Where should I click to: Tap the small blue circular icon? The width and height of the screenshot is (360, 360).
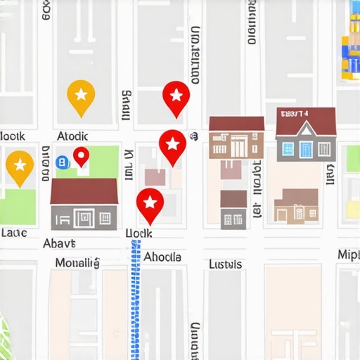tap(61, 162)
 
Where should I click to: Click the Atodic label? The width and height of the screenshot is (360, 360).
tap(73, 135)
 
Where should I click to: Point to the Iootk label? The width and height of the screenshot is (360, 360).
tap(13, 135)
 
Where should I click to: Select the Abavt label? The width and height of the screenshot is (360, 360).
tap(58, 244)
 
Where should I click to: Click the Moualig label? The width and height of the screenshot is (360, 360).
tap(77, 263)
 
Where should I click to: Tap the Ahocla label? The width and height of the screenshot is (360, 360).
tap(162, 257)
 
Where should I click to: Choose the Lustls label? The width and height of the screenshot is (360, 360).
tap(225, 264)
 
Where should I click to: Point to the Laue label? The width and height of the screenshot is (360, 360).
tap(14, 232)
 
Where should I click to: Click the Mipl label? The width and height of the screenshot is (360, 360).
tap(348, 255)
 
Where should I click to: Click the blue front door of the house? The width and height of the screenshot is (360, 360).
tap(306, 149)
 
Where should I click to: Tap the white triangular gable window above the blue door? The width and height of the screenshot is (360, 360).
tap(306, 129)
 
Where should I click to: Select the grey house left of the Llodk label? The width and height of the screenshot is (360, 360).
tap(84, 205)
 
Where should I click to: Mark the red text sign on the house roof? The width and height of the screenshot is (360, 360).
tap(293, 113)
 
